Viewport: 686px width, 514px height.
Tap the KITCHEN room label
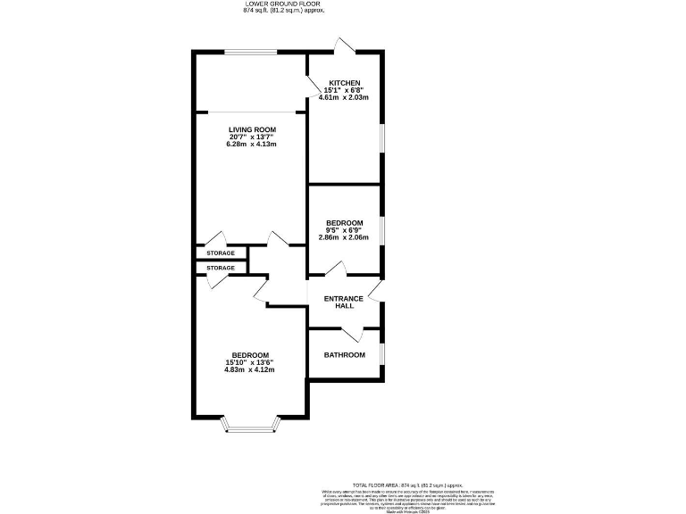click(x=344, y=83)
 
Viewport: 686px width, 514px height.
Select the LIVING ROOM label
click(x=250, y=128)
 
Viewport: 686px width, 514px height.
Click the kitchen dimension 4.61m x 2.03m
click(x=344, y=97)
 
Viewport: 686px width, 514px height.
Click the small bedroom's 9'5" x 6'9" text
click(x=344, y=230)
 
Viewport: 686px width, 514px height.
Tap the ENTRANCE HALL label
click(x=344, y=302)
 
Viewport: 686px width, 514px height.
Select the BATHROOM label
click(x=344, y=355)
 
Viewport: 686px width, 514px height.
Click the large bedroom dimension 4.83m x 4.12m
click(x=247, y=370)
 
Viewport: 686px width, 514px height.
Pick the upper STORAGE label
click(x=221, y=253)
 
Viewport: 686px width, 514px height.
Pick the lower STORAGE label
click(x=221, y=268)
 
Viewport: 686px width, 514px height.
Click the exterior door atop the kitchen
click(x=344, y=45)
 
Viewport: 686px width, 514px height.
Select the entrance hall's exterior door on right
click(x=376, y=290)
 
